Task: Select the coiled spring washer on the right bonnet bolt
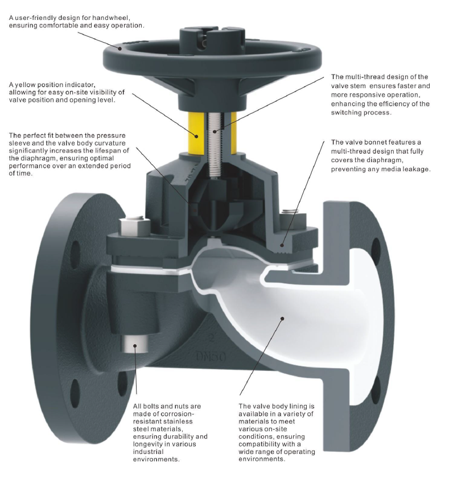290,213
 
